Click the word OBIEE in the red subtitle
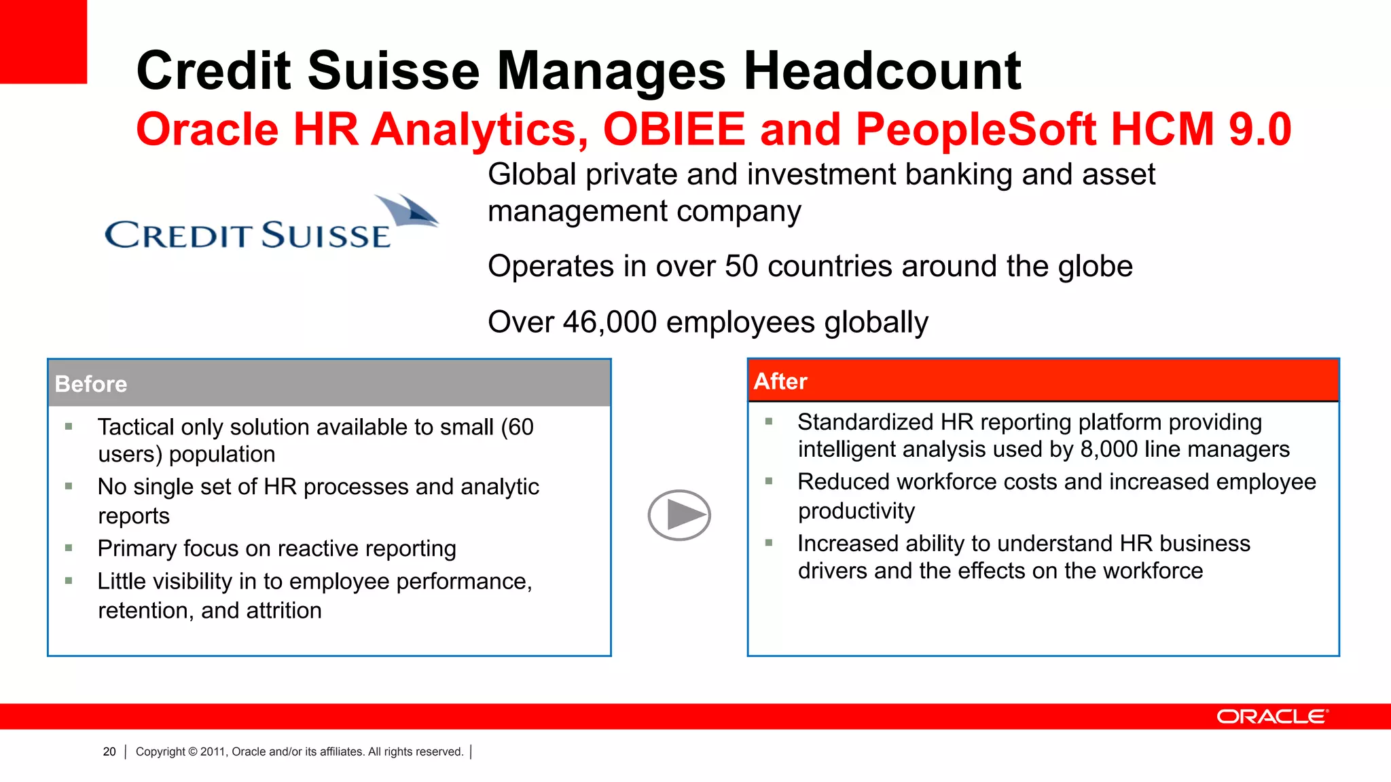(674, 129)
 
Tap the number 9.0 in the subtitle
(1260, 129)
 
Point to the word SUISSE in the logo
(325, 236)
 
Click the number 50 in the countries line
(741, 266)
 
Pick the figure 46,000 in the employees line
(609, 322)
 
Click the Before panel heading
(91, 384)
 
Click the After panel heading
(780, 381)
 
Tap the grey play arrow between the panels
(679, 515)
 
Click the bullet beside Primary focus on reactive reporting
(69, 548)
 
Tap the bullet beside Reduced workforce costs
(769, 481)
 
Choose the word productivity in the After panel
(856, 510)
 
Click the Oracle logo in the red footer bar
(1271, 717)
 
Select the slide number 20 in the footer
(109, 751)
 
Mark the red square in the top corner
(43, 41)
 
